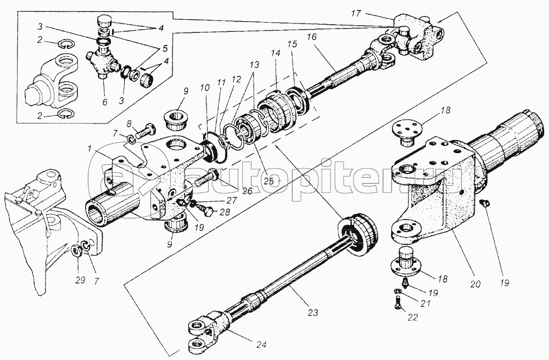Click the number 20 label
tap(476, 284)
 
